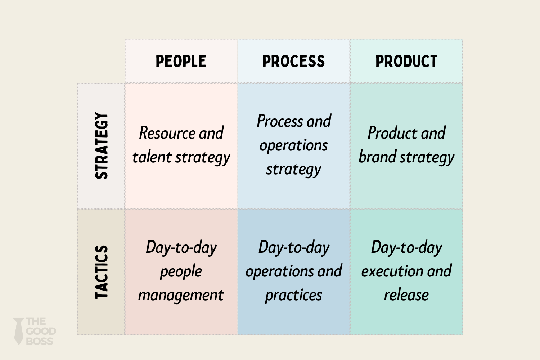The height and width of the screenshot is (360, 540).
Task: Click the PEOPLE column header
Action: pos(181,61)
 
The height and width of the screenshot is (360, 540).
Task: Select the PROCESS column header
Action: pos(293,61)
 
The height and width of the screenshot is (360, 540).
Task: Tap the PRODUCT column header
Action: pos(406,61)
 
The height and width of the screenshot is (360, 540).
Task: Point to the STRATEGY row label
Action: pos(102,146)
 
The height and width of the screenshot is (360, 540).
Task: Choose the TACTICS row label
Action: pos(102,272)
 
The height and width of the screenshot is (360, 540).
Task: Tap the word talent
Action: pos(152,157)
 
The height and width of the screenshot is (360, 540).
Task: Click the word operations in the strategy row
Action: pos(293,145)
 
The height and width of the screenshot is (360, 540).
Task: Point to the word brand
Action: pos(377,157)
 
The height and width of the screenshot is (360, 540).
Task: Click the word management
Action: pos(181,295)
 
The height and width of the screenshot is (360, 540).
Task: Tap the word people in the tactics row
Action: pos(181,271)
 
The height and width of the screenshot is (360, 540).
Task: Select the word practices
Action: pos(293,295)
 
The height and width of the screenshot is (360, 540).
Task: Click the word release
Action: pos(406,295)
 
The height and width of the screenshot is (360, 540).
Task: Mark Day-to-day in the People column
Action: pos(181,248)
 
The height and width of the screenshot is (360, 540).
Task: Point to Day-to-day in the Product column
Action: pos(406,248)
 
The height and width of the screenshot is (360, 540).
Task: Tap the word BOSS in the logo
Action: pos(40,341)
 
